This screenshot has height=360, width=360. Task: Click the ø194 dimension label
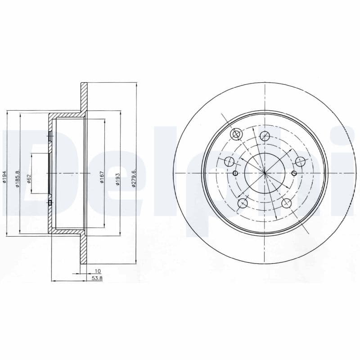(5, 177)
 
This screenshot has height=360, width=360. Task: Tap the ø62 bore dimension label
(29, 179)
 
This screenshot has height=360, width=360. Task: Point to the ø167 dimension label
(102, 177)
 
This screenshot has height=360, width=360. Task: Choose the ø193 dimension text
(117, 179)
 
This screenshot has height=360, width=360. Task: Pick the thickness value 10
(98, 271)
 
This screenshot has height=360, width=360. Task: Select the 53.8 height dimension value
(97, 278)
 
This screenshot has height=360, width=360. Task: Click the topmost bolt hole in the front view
(265, 136)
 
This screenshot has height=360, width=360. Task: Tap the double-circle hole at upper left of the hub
(236, 134)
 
